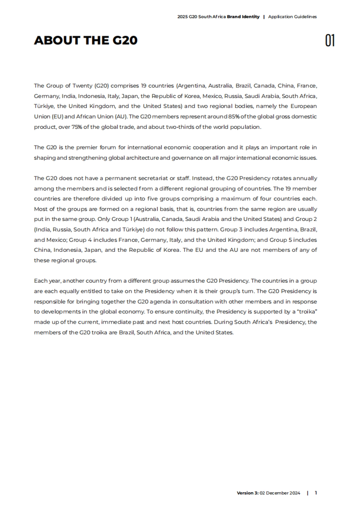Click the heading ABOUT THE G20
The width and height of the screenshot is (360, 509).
point(86,40)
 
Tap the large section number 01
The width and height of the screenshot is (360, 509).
point(330,40)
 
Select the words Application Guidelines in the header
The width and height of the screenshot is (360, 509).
point(292,17)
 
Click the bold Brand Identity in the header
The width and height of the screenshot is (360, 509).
point(243,17)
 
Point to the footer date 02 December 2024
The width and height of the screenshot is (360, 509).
point(280,493)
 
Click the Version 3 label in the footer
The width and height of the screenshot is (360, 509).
point(247,493)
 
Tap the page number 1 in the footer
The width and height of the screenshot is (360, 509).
point(316,493)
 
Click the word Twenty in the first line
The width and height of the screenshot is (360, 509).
point(82,86)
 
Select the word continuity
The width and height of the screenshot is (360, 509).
point(189,312)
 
